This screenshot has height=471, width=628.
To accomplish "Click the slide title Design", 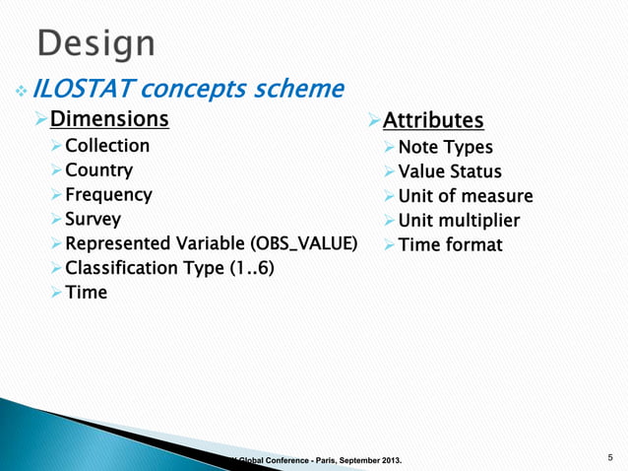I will pyautogui.click(x=96, y=43).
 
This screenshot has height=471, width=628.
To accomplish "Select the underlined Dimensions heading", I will pyautogui.click(x=109, y=120).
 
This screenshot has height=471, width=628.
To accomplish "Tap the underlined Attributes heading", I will pyautogui.click(x=433, y=121).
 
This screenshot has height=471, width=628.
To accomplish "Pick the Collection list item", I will pyautogui.click(x=107, y=146).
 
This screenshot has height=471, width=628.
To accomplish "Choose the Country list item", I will pyautogui.click(x=98, y=170).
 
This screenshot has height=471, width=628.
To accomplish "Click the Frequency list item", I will pyautogui.click(x=108, y=195).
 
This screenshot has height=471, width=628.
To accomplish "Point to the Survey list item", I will pyautogui.click(x=93, y=220).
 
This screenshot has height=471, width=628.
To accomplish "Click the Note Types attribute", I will pyautogui.click(x=446, y=147).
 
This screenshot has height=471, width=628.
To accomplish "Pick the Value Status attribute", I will pyautogui.click(x=450, y=171).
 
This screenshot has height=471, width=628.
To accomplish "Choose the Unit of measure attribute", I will pyautogui.click(x=466, y=196).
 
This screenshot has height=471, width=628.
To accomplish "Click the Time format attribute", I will pyautogui.click(x=450, y=244).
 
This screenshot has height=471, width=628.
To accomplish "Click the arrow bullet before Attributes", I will pyautogui.click(x=373, y=121).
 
